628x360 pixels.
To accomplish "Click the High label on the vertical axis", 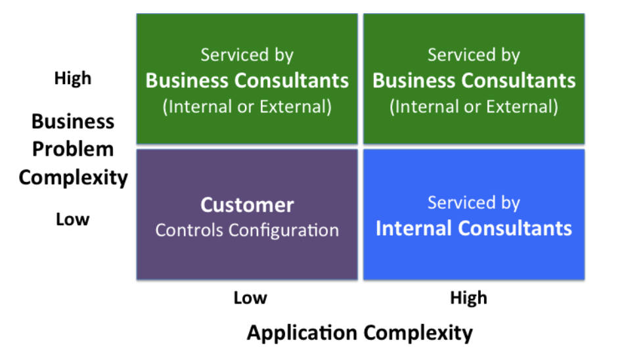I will (x=72, y=79).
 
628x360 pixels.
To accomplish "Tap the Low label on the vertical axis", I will (x=72, y=219).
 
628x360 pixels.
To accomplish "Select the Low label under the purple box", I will (x=250, y=298).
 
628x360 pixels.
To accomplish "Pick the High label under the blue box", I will (x=468, y=298).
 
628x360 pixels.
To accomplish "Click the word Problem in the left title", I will (x=73, y=150).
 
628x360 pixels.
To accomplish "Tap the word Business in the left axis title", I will (x=73, y=122).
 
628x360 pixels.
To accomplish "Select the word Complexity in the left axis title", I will (x=73, y=177).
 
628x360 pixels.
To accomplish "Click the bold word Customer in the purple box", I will (x=246, y=205).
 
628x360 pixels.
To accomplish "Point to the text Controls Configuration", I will (x=247, y=230).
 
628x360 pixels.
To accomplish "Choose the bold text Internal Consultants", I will (x=474, y=228).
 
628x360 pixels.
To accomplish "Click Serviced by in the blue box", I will (x=474, y=203).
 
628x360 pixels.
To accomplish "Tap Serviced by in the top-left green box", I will (x=247, y=55).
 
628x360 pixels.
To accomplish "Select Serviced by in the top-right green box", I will (x=474, y=55).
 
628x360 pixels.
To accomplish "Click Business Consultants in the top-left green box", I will (x=247, y=80).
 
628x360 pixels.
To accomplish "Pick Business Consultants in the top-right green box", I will (x=474, y=80).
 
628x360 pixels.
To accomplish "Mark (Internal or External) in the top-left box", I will (x=247, y=106).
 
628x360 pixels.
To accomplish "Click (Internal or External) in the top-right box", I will (x=474, y=106).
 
